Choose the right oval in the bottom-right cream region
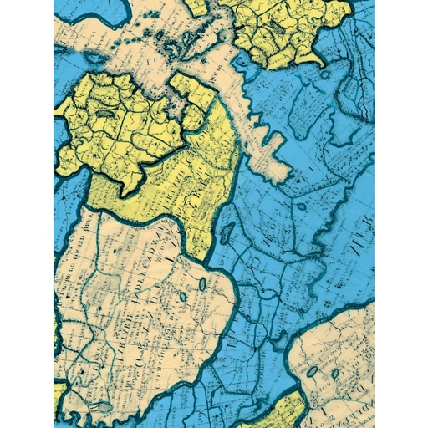[334, 374]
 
